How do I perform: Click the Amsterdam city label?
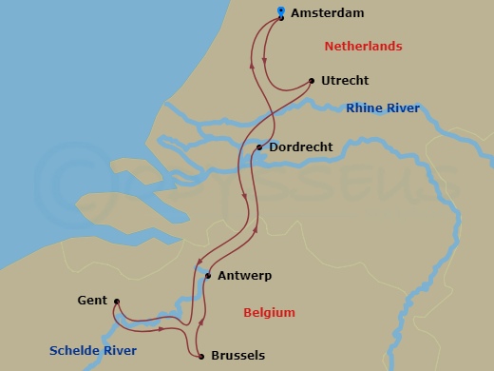pyautogui.click(x=327, y=13)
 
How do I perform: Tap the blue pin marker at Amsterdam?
pyautogui.click(x=281, y=12)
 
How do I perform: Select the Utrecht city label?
pyautogui.click(x=345, y=81)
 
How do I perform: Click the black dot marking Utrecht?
pyautogui.click(x=312, y=81)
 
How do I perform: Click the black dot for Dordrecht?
pyautogui.click(x=259, y=147)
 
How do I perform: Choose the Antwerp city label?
pyautogui.click(x=244, y=276)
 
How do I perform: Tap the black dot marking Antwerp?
pyautogui.click(x=207, y=276)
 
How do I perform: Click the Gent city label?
pyautogui.click(x=92, y=301)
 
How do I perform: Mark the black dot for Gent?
pyautogui.click(x=116, y=303)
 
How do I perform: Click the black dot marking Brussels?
pyautogui.click(x=201, y=357)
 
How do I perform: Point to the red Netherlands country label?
pyautogui.click(x=363, y=47)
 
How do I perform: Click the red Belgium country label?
pyautogui.click(x=269, y=312)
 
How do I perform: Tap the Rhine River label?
pyautogui.click(x=383, y=108)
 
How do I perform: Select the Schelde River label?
pyautogui.click(x=94, y=351)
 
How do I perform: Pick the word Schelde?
pyautogui.click(x=75, y=351)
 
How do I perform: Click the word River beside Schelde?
pyautogui.click(x=119, y=351)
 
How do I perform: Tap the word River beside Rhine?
pyautogui.click(x=403, y=108)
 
